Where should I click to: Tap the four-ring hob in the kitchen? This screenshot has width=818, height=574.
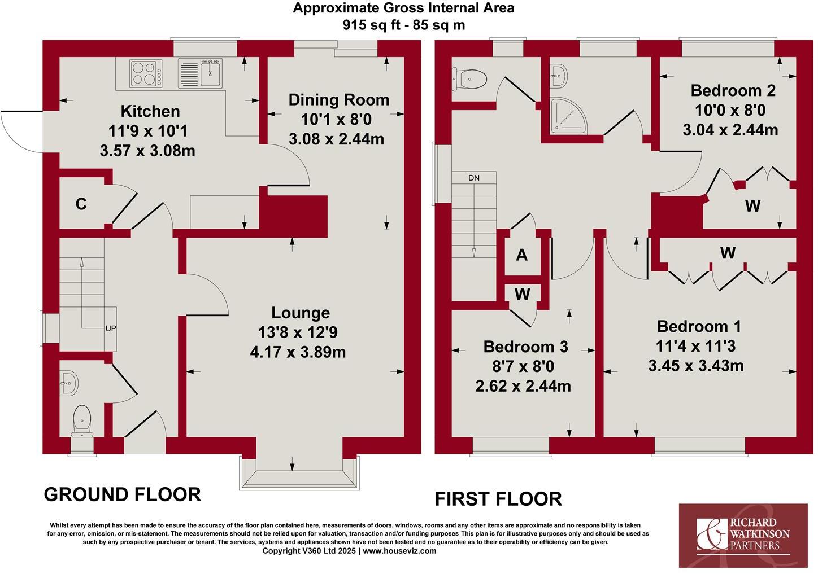(x=144, y=73)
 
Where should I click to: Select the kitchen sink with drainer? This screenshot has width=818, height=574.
(x=201, y=73)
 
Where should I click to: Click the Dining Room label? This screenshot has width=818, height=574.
(x=338, y=100)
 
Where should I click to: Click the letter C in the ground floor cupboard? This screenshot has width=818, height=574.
(x=81, y=204)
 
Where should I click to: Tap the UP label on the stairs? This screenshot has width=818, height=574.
(x=111, y=328)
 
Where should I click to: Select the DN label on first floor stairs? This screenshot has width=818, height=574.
(x=473, y=178)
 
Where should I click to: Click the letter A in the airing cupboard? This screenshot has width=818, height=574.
(x=522, y=255)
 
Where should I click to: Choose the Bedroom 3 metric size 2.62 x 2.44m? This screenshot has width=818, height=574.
(x=523, y=386)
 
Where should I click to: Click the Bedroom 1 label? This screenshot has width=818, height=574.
(x=699, y=326)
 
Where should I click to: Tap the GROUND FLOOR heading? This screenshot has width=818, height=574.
(x=122, y=494)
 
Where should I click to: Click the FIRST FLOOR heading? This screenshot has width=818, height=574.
(x=498, y=499)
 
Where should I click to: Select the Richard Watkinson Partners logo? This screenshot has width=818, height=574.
(x=742, y=535)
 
